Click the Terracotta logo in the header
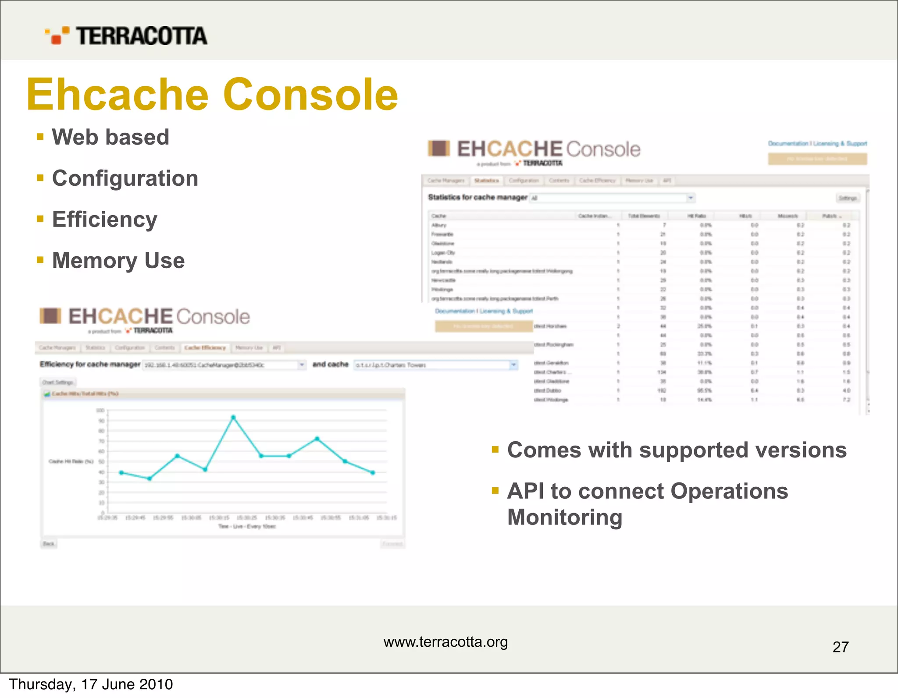(x=126, y=35)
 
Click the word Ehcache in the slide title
(x=118, y=95)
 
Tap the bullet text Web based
(x=110, y=137)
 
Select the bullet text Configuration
(x=125, y=178)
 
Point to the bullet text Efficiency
(x=104, y=219)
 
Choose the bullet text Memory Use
(x=118, y=260)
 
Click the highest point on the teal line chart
(x=233, y=418)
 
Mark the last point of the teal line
(x=373, y=473)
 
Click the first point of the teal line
(x=121, y=473)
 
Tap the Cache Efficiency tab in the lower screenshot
(x=205, y=348)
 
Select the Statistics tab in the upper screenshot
(x=486, y=181)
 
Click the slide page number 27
(x=840, y=647)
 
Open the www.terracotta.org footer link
(x=445, y=642)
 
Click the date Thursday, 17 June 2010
(x=91, y=684)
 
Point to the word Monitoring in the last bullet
(x=565, y=517)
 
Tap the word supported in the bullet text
(x=694, y=450)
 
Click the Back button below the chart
(x=49, y=544)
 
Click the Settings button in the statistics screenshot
(x=847, y=198)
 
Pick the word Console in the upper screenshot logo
(x=603, y=149)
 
